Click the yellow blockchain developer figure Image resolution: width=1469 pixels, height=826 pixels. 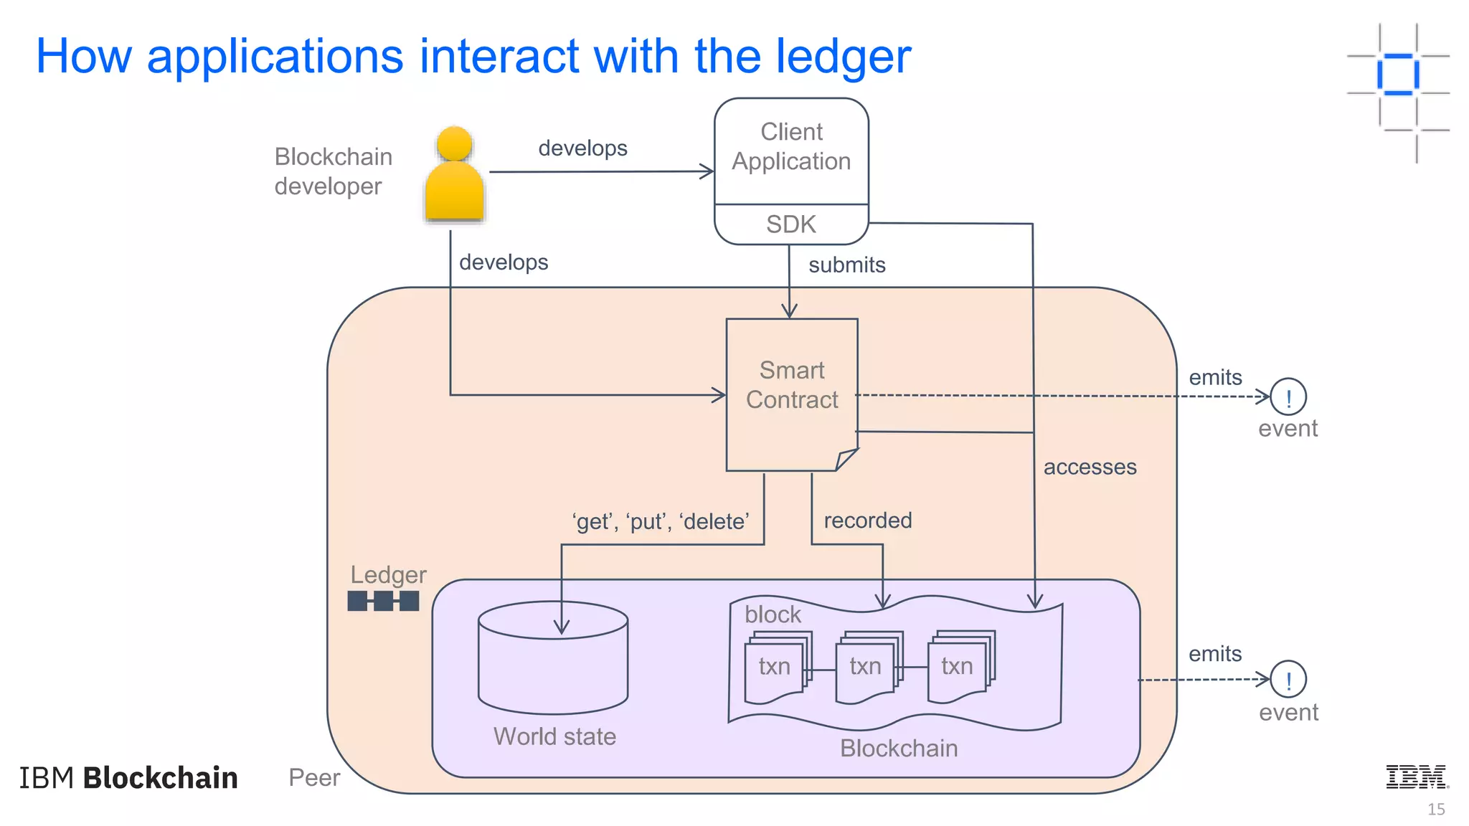pos(454,176)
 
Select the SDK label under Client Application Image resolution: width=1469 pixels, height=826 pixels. pos(790,224)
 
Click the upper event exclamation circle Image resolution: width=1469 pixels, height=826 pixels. pos(1288,397)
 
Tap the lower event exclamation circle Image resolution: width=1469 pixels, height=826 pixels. pos(1288,679)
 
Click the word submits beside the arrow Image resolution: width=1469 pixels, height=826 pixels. pos(846,265)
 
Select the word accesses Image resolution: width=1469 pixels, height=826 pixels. pos(1090,467)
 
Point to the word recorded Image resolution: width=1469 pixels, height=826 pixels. pos(867,521)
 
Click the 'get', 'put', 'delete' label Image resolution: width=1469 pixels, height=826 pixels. pos(661,521)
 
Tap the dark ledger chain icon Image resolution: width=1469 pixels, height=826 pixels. pos(383,601)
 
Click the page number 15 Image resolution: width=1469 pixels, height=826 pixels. pos(1435,810)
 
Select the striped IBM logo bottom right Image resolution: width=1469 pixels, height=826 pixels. pos(1416,777)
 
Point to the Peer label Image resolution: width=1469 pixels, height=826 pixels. pos(314,778)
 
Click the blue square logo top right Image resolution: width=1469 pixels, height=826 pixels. pos(1397,74)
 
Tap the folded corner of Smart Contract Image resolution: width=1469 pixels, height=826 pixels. pos(846,459)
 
